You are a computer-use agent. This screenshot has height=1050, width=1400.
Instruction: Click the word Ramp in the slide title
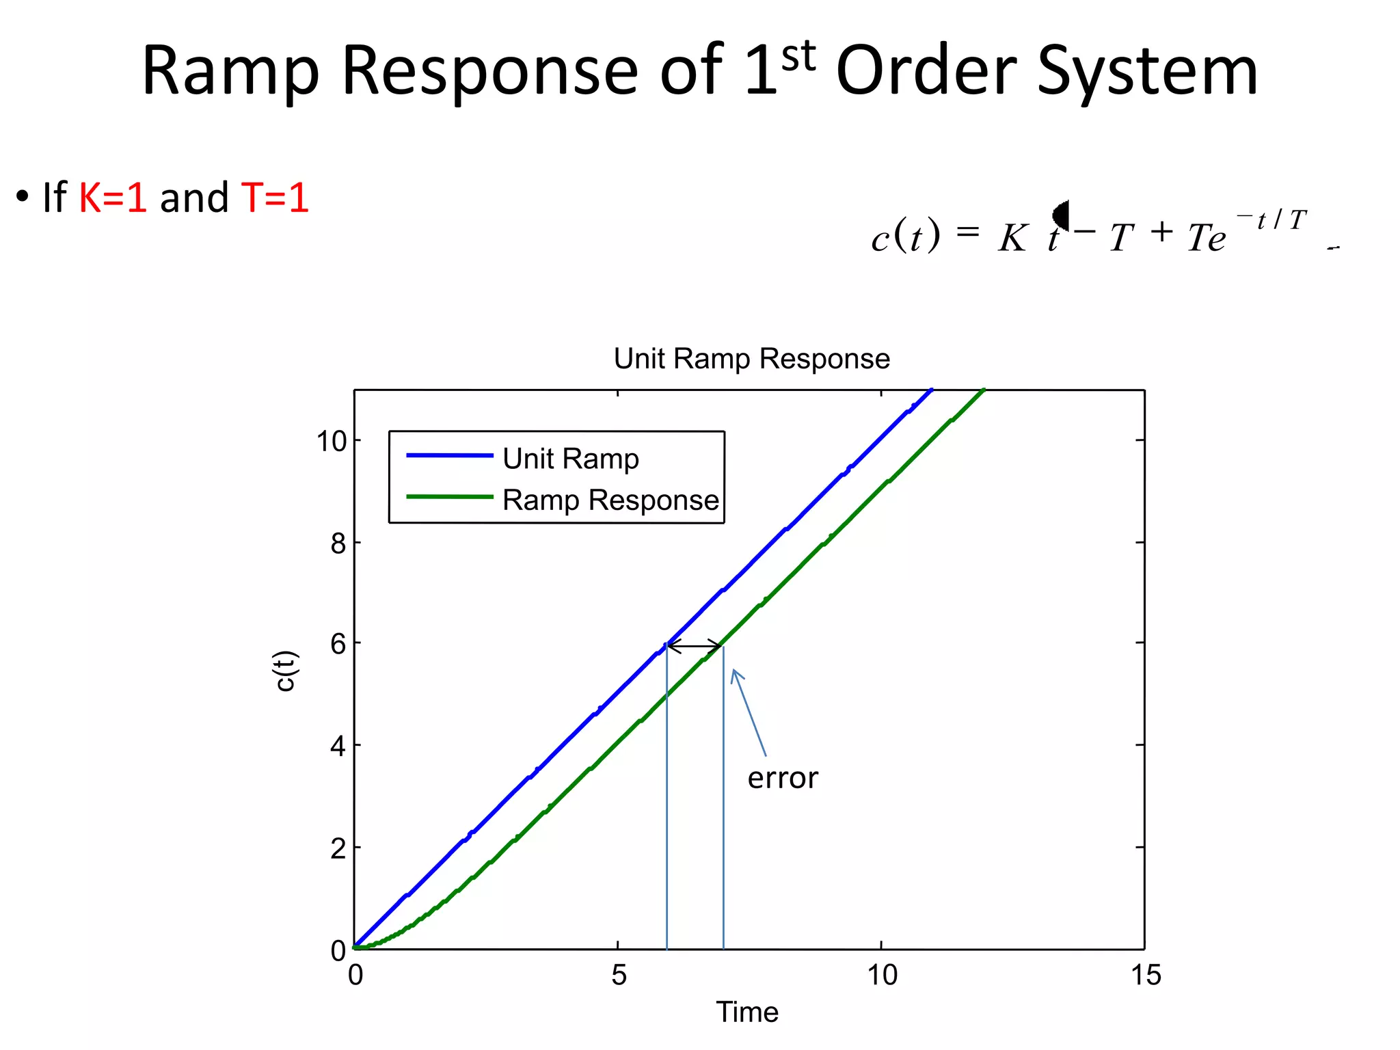[230, 72]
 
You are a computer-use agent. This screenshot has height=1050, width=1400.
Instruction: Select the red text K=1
[113, 198]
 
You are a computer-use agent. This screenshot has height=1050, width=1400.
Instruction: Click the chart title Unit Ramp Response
[751, 359]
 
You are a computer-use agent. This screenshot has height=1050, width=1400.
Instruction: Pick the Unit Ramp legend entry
[570, 459]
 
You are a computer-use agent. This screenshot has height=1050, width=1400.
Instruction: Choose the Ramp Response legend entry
[610, 500]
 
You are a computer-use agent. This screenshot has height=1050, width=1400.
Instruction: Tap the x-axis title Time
[747, 1012]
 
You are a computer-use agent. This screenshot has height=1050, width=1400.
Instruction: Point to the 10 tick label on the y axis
[332, 442]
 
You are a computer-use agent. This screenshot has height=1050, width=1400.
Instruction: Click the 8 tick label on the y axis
[338, 544]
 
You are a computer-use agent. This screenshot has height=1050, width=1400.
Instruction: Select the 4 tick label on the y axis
[338, 746]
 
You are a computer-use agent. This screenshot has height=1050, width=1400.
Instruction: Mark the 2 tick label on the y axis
[338, 849]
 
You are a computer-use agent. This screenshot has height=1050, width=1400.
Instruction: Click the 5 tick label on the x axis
[619, 975]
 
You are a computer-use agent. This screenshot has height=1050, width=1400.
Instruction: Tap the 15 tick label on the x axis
[1146, 975]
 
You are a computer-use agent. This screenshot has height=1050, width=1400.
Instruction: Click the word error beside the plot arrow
[783, 779]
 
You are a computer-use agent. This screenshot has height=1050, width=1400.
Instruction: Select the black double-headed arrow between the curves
[695, 645]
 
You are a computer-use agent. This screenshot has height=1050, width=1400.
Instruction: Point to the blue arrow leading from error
[749, 712]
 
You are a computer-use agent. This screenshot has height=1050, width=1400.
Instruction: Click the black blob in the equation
[1061, 215]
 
